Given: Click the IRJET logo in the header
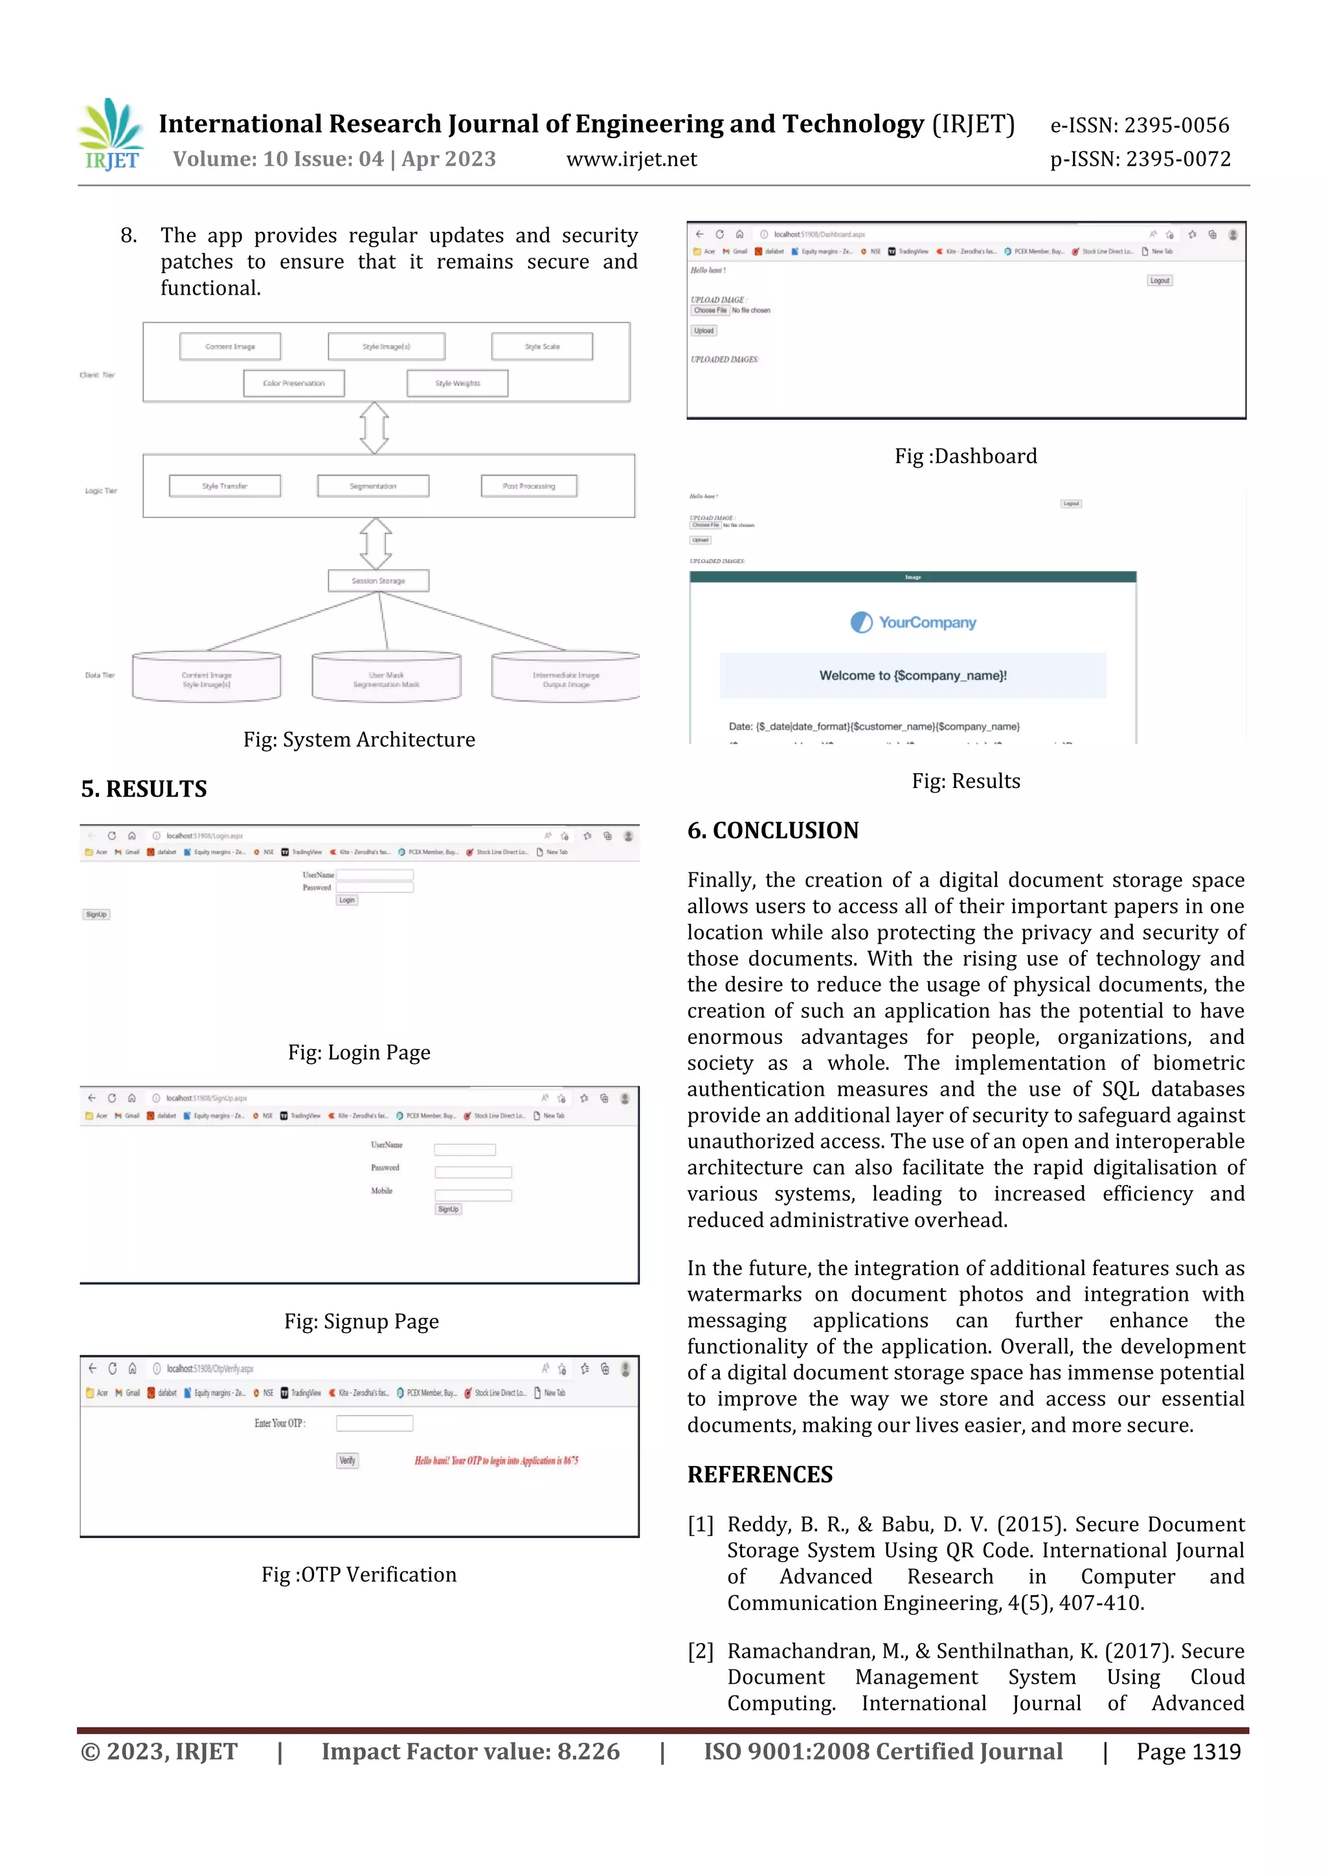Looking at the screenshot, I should pos(112,135).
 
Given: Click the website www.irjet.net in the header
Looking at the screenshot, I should pos(631,159).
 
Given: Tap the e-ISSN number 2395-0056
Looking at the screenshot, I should pos(1176,125).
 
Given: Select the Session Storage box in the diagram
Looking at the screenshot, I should pos(378,581).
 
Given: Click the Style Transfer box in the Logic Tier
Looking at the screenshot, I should pos(225,486).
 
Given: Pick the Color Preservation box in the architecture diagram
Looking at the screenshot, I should pos(294,383).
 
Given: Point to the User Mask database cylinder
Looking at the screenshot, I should pos(386,677).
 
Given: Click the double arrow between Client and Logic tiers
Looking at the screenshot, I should pos(374,427).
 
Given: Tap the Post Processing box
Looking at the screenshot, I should pos(528,486).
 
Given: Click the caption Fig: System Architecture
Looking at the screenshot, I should pos(359,740).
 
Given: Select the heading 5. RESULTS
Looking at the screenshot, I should pos(144,789).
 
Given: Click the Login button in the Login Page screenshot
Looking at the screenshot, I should pos(346,899).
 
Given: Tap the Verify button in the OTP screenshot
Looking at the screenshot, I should pos(347,1460).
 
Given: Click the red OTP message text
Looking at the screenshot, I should pos(496,1460).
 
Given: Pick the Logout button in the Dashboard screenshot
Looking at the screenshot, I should pos(1160,280).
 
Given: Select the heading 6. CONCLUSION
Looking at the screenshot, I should pos(773,831).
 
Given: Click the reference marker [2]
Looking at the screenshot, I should pos(700,1651).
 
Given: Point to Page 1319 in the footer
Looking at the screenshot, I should pos(1188,1752).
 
